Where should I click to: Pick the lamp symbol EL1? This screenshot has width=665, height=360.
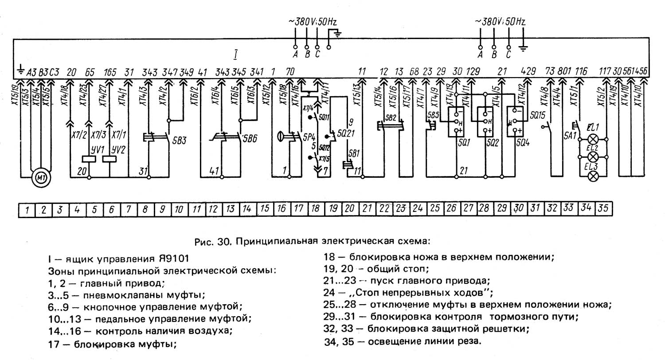pos(592,139)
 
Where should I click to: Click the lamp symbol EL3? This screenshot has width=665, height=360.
pos(592,176)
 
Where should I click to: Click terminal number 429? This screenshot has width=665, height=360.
pos(529,71)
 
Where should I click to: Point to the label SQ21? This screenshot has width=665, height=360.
pos(344,133)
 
